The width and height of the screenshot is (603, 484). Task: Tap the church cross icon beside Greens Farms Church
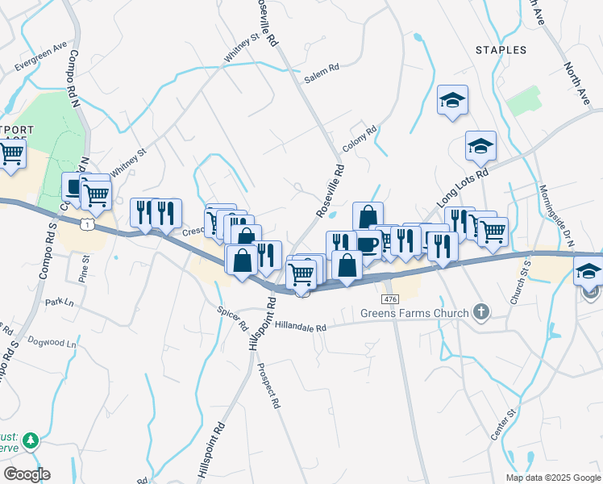tap(481, 311)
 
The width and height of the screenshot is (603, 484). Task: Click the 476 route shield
tap(390, 299)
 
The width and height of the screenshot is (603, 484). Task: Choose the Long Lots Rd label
tap(463, 186)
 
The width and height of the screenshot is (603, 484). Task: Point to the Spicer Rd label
tap(232, 317)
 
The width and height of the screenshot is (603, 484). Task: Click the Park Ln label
tap(59, 302)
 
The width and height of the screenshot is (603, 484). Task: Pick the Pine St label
tap(84, 268)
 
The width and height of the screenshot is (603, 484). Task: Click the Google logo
tap(27, 474)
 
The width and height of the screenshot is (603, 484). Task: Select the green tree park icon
tap(30, 440)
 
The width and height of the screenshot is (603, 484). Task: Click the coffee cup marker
tap(368, 244)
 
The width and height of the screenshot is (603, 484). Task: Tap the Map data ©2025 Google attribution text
tap(552, 477)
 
